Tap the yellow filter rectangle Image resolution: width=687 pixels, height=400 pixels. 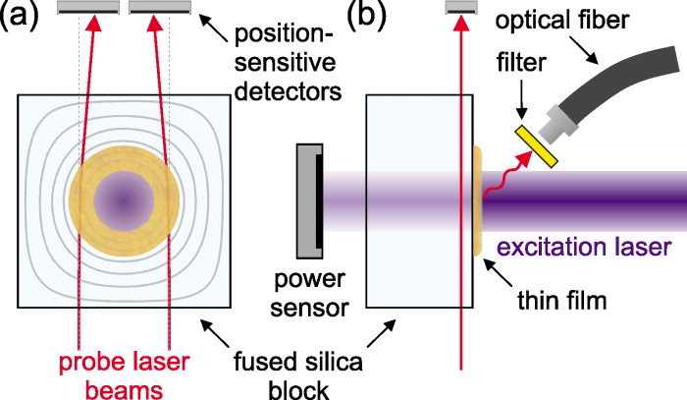(x=538, y=145)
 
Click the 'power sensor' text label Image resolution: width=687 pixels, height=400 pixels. (x=314, y=294)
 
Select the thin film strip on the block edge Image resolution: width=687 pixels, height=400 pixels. (x=477, y=201)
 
